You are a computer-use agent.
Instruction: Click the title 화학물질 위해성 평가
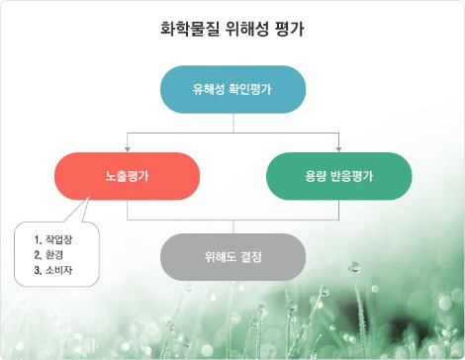tap(232, 30)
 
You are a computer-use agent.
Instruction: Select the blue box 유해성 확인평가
tap(232, 89)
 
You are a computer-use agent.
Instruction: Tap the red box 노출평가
tap(127, 176)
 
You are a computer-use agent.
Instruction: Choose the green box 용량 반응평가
tap(339, 176)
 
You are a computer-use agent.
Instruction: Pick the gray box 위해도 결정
tap(232, 257)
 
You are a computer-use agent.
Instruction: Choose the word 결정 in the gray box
tap(250, 257)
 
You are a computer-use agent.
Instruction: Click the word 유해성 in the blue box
tap(208, 89)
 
